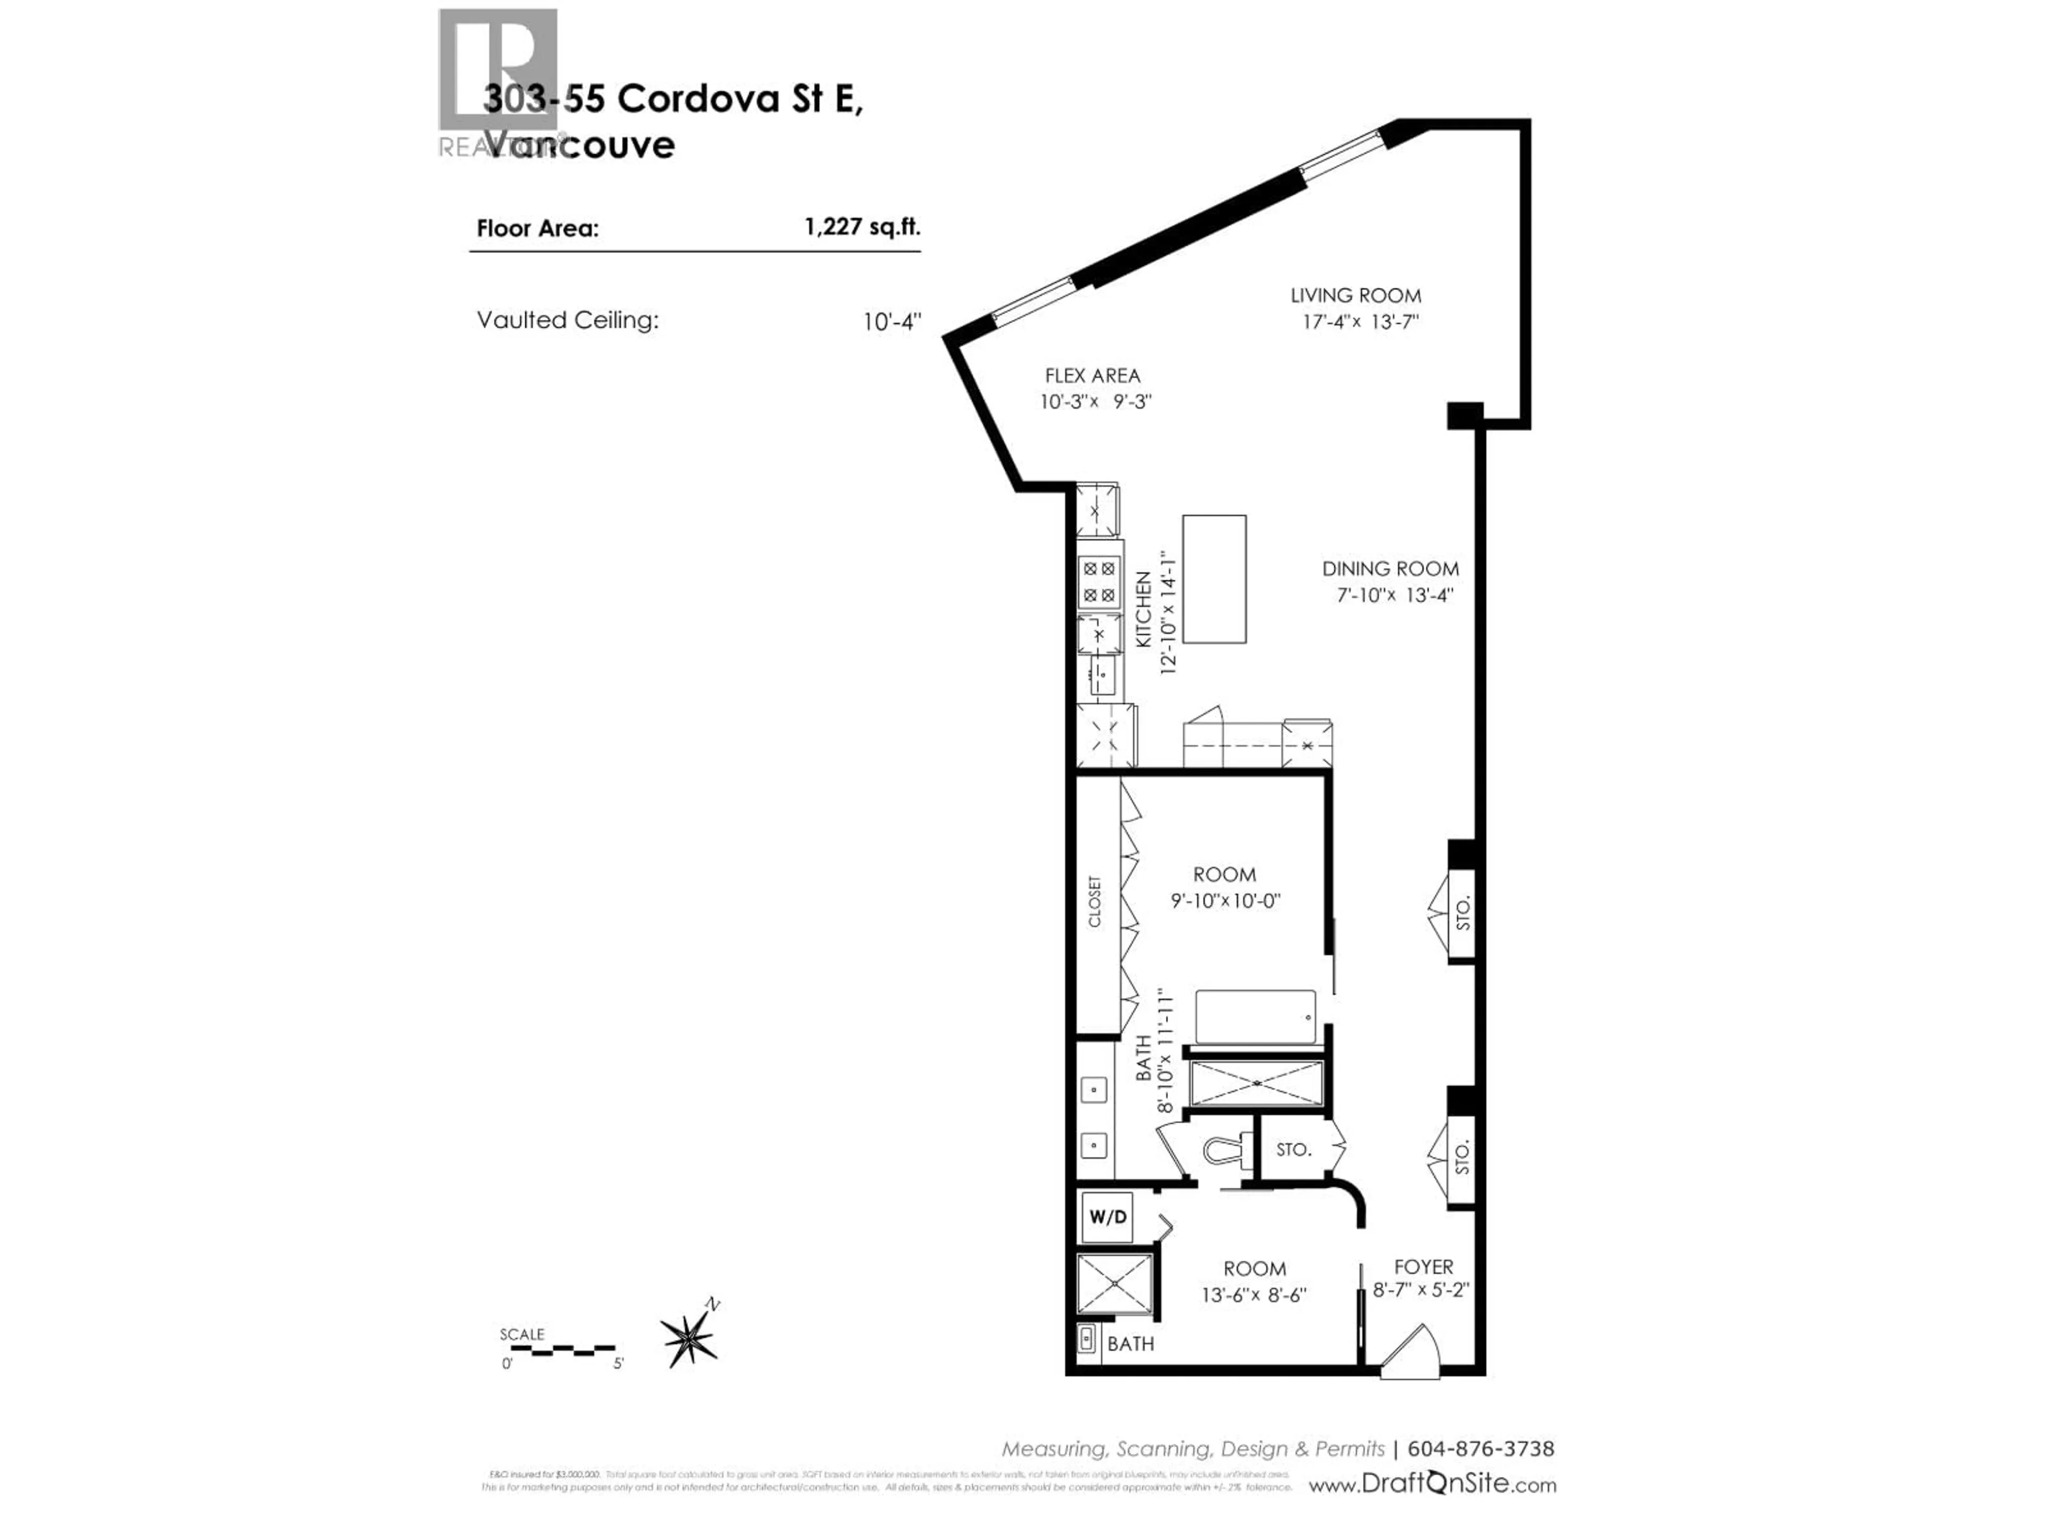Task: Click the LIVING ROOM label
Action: click(x=1355, y=295)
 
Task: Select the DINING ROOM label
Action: click(x=1390, y=569)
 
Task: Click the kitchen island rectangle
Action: click(x=1214, y=579)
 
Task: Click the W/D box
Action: click(x=1107, y=1217)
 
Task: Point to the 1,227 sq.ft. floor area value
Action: click(x=862, y=227)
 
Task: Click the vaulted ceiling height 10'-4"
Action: click(x=892, y=321)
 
